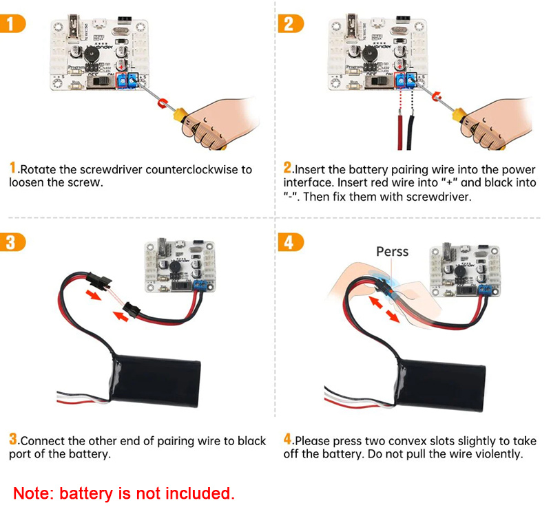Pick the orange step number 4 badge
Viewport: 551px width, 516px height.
tap(289, 242)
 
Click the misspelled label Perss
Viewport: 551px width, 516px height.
tap(392, 252)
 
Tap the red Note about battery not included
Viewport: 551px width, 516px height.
tap(124, 493)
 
